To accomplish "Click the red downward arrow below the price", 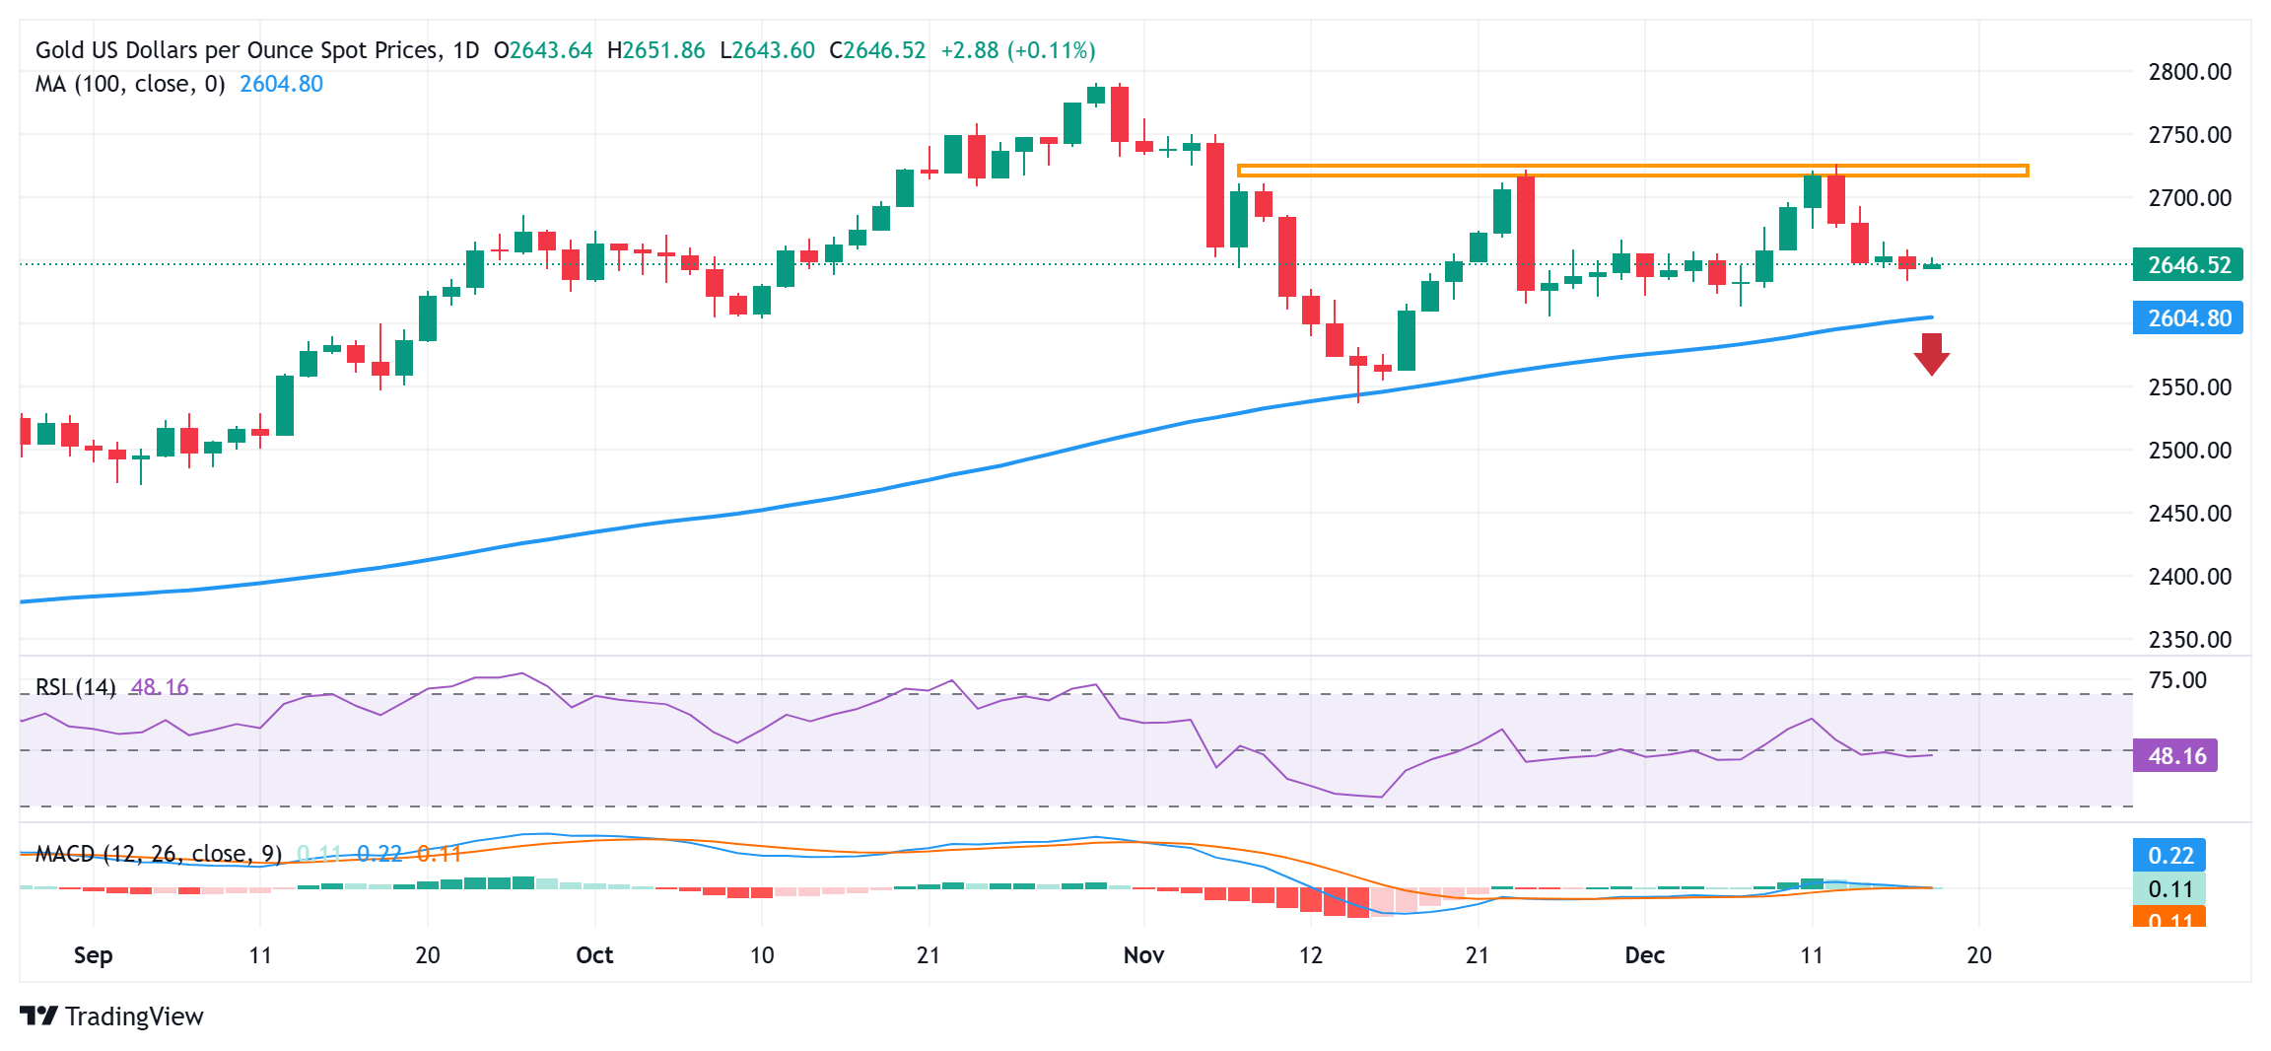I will pyautogui.click(x=1931, y=354).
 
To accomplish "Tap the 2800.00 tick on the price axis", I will pyautogui.click(x=2189, y=72).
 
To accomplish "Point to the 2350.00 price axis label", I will pyautogui.click(x=2189, y=640).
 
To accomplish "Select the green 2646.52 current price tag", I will pyautogui.click(x=2187, y=265).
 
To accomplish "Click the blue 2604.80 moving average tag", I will pyautogui.click(x=2187, y=318).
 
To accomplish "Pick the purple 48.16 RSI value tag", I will pyautogui.click(x=2175, y=756).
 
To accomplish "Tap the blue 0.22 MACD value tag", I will pyautogui.click(x=2169, y=855).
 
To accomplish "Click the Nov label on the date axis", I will pyautogui.click(x=1143, y=955).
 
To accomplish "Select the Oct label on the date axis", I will pyautogui.click(x=594, y=955).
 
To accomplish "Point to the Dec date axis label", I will pyautogui.click(x=1644, y=955).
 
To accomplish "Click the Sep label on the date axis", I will pyautogui.click(x=93, y=955).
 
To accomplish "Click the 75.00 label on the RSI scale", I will pyautogui.click(x=2177, y=680).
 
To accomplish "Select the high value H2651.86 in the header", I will pyautogui.click(x=655, y=50).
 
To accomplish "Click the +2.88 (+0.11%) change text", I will pyautogui.click(x=1017, y=50).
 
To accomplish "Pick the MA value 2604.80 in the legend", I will pyautogui.click(x=281, y=84).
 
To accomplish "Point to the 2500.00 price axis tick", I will pyautogui.click(x=2189, y=451).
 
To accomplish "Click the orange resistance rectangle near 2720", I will pyautogui.click(x=1632, y=171).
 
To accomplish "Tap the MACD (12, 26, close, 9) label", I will pyautogui.click(x=158, y=854).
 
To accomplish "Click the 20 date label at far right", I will pyautogui.click(x=1978, y=955).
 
